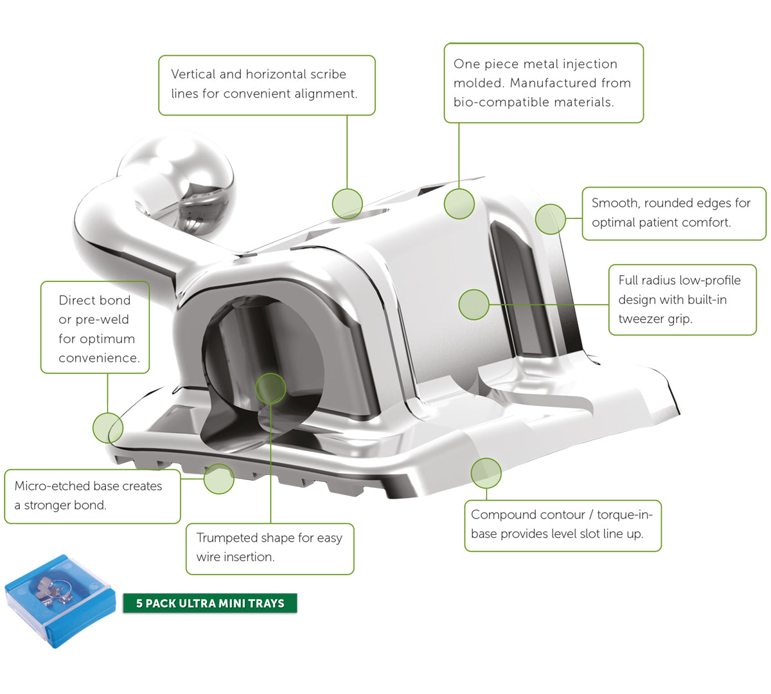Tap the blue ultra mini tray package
(60, 601)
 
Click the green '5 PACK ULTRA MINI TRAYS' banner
(210, 603)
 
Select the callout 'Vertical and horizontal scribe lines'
(267, 85)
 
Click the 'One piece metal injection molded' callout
(544, 83)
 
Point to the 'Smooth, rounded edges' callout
(674, 213)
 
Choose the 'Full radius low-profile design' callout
(682, 299)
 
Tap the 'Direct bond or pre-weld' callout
(95, 327)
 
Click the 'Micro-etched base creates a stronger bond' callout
(93, 496)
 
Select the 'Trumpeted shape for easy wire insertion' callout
(270, 549)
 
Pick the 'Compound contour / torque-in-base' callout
(563, 526)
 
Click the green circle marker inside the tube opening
(270, 388)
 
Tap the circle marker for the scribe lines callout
(347, 204)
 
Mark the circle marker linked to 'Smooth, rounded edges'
(551, 218)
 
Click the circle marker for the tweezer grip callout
(474, 305)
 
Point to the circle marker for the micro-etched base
(219, 479)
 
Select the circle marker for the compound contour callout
(486, 474)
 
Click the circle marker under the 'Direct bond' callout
(108, 428)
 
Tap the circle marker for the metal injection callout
(459, 204)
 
